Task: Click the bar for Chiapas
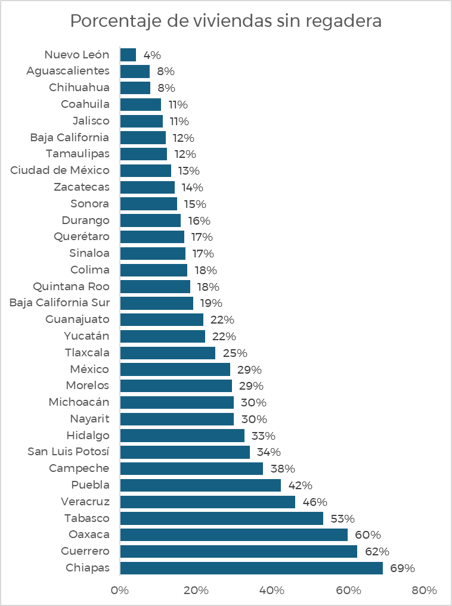coord(251,568)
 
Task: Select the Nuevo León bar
coord(128,55)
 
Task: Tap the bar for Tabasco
coord(221,518)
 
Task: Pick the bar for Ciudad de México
coord(145,170)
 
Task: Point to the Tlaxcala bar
coord(168,353)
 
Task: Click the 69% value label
coord(402,568)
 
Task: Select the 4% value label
coord(152,55)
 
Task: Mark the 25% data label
coord(234,353)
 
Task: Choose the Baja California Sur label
coord(60,303)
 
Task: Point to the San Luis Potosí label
coord(69,451)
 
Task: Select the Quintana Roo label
coord(72,286)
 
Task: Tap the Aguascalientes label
coord(68,71)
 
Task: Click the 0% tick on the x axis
coord(120,591)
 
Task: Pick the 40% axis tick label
coord(272,591)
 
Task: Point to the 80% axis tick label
coord(424,591)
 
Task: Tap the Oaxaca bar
coord(234,534)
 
